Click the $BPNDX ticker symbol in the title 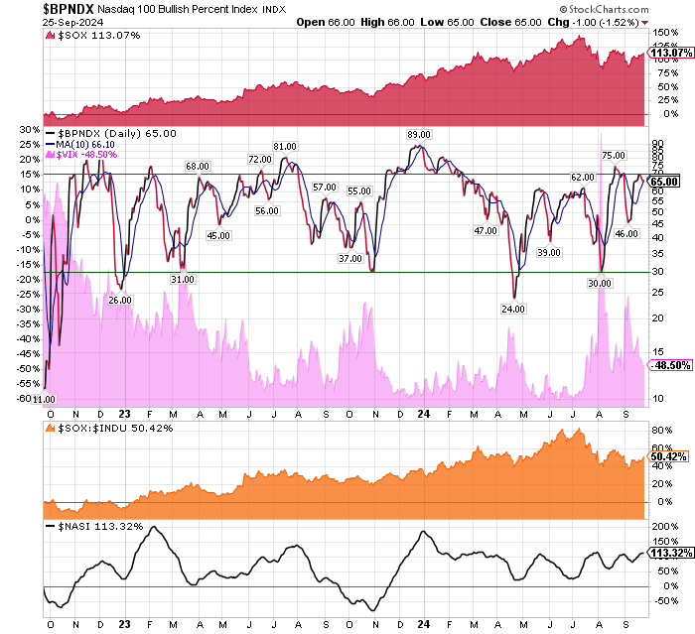(x=33, y=8)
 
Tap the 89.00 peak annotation (x=418, y=134)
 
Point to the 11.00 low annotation (x=44, y=399)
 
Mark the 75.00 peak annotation (x=613, y=156)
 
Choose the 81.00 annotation (x=286, y=148)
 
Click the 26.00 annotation (x=119, y=300)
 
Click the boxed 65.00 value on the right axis (x=663, y=182)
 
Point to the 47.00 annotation (x=486, y=230)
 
